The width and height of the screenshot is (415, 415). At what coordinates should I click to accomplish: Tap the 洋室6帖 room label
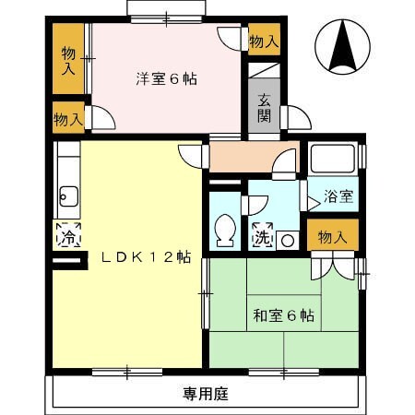[166, 78]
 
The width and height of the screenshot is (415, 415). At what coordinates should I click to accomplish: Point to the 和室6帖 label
[283, 315]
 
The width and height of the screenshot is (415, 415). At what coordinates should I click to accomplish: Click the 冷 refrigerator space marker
[68, 236]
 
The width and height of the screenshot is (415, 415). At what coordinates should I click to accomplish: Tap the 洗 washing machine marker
[264, 236]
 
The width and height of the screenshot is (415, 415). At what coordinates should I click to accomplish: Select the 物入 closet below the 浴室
[332, 237]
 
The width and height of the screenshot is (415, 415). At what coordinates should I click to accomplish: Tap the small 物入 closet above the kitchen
[68, 118]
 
